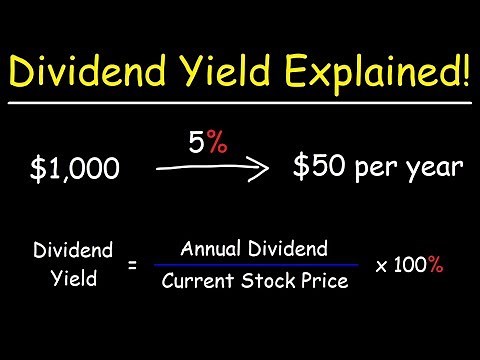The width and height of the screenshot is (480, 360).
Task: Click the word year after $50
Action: click(x=435, y=169)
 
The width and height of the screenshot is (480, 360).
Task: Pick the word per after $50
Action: click(x=376, y=170)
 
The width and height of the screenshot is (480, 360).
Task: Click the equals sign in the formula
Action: click(x=132, y=264)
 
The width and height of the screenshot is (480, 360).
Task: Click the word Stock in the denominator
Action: click(x=265, y=281)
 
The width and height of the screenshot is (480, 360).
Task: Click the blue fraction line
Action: click(x=256, y=266)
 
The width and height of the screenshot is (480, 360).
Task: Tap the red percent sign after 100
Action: click(x=435, y=266)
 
